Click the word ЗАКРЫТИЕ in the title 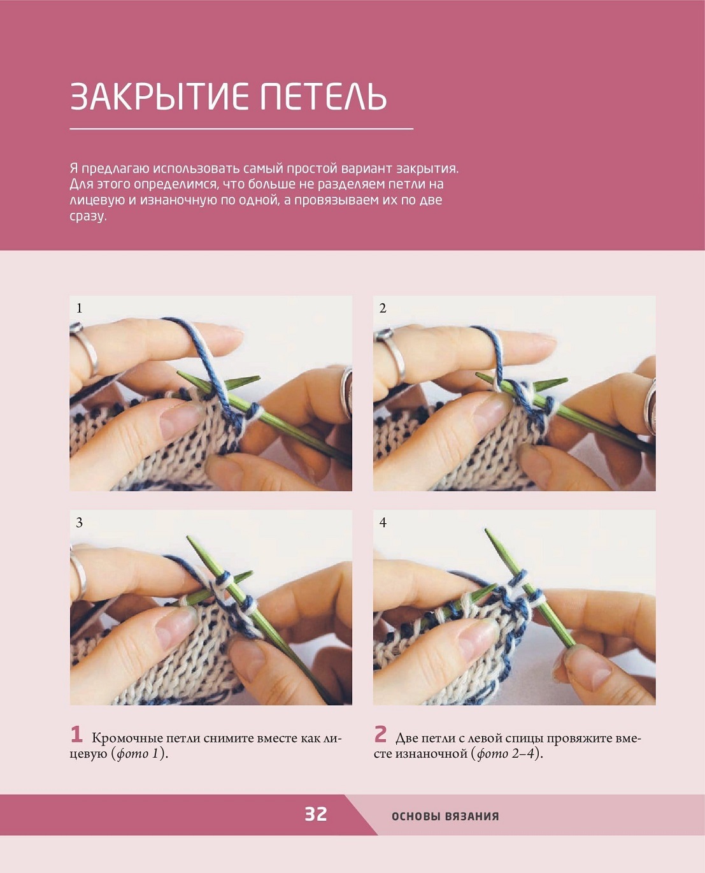(x=159, y=96)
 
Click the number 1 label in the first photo (x=79, y=308)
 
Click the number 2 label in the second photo (x=383, y=308)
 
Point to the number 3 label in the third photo (x=79, y=523)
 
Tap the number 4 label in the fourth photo (x=383, y=523)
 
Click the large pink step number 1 (x=76, y=734)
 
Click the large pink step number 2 (x=380, y=734)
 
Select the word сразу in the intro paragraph (x=88, y=216)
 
